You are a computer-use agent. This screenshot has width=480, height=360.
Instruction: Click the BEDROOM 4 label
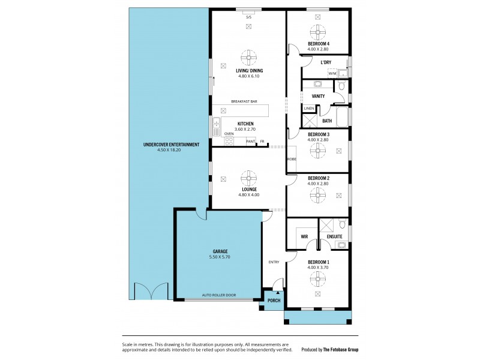319,44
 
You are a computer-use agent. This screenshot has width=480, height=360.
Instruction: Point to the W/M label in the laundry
332,73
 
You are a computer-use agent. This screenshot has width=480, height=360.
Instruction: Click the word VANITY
319,96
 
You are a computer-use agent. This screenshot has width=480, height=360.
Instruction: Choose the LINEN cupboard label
308,109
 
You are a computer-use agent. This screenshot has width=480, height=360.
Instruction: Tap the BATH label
327,121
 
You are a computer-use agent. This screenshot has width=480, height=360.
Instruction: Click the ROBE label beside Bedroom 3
291,159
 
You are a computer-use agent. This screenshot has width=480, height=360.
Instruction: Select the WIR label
304,237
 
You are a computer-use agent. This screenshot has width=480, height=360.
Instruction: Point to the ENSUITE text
335,237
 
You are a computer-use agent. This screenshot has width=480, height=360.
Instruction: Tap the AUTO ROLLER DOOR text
218,296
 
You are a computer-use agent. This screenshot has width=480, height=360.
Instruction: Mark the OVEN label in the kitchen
229,134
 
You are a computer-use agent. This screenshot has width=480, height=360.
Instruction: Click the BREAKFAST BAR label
244,102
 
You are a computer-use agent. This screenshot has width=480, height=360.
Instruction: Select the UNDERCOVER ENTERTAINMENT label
171,145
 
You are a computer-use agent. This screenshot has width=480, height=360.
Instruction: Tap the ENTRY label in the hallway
274,261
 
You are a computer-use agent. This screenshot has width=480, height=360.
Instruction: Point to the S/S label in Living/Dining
248,17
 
